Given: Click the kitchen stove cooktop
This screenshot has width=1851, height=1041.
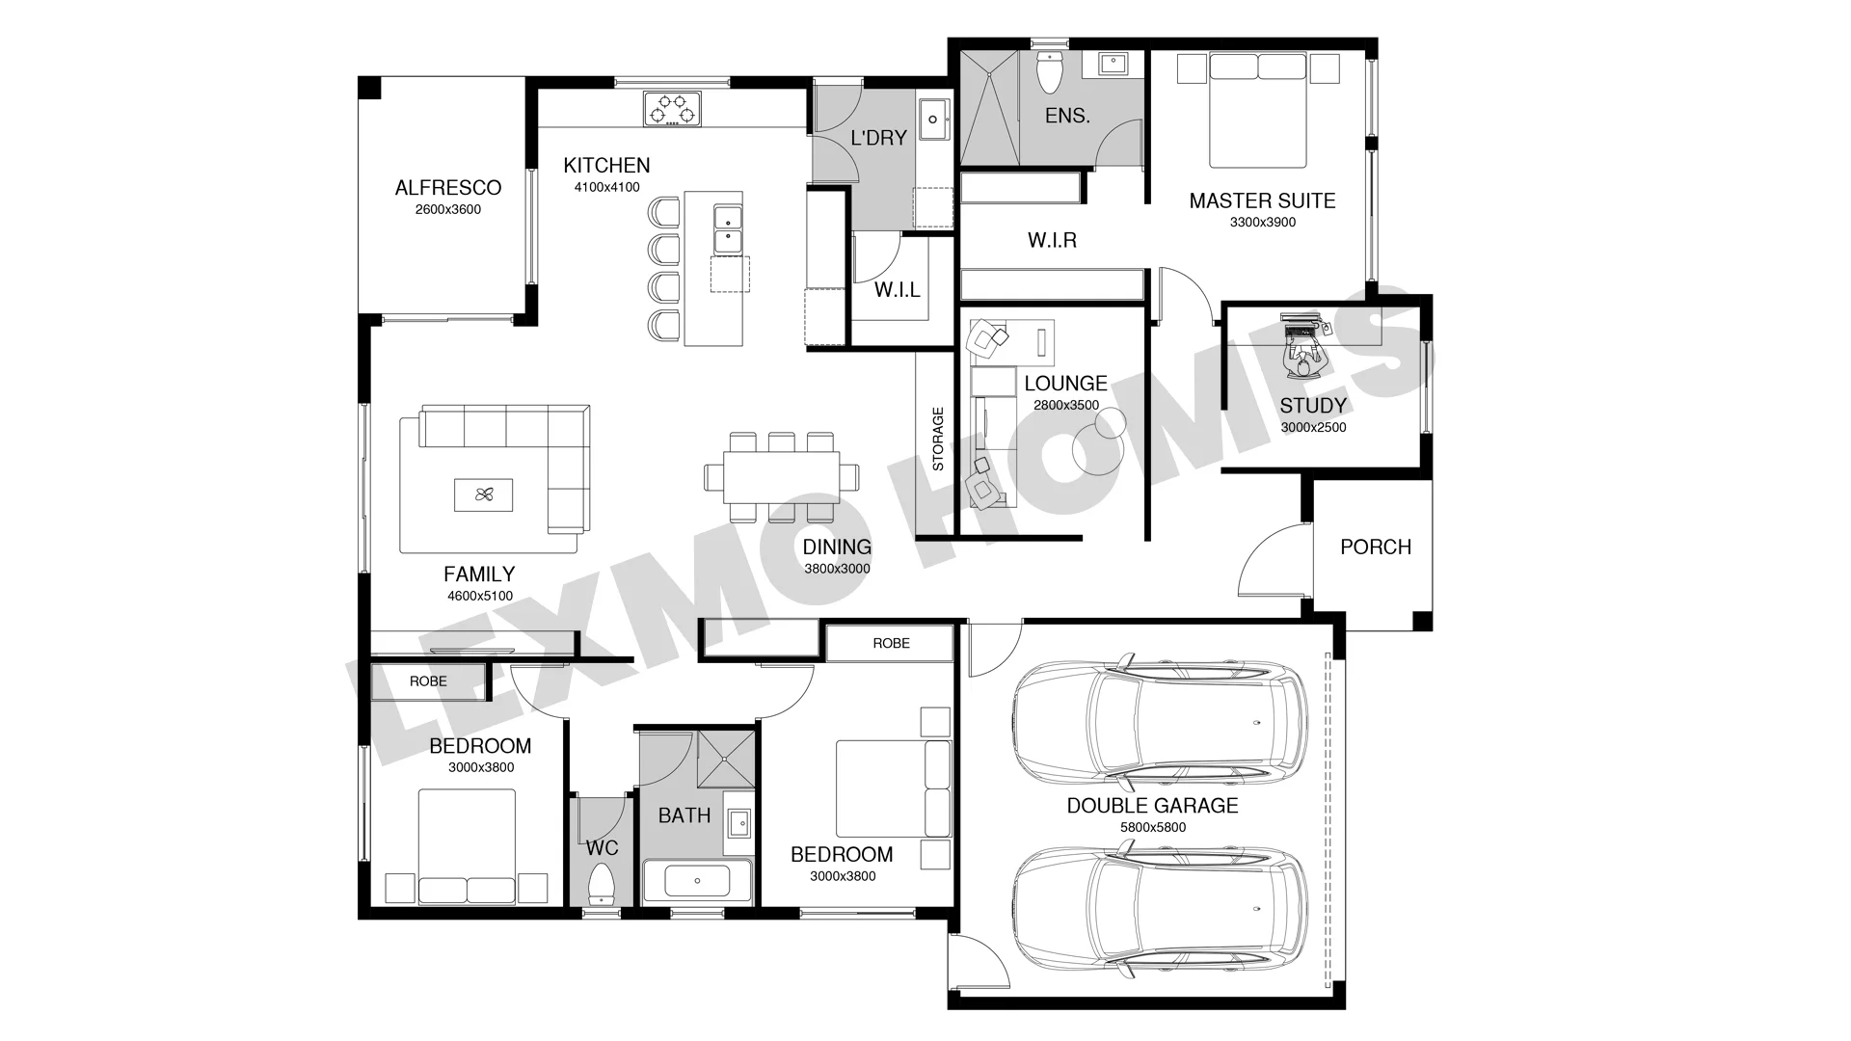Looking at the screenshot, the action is tap(672, 108).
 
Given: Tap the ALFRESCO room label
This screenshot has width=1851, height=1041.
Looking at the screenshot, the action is tap(448, 188).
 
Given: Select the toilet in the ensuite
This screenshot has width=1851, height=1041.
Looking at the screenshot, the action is tap(1048, 69).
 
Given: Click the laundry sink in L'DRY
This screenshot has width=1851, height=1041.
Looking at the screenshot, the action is tap(933, 120).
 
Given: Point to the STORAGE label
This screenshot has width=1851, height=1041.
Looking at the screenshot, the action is tap(938, 440).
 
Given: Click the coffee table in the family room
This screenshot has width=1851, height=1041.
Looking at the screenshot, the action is tap(484, 495).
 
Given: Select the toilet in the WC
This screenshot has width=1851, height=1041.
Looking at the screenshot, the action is tap(603, 883).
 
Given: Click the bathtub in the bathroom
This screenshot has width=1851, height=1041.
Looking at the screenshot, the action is tap(697, 881).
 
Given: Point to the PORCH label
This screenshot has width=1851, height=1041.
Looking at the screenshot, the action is tap(1376, 547).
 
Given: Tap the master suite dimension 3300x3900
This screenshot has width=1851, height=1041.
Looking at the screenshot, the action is tap(1263, 223).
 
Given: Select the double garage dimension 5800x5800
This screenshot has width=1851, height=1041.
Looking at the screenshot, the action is tap(1153, 827).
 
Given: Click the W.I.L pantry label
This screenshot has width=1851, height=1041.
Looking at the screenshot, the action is tap(898, 290).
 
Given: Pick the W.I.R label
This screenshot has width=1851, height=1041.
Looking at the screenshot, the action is tap(1053, 240).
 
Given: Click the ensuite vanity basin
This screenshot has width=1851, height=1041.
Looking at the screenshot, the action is tap(1113, 64).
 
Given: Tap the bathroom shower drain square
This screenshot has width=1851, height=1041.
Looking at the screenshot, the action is tap(726, 761).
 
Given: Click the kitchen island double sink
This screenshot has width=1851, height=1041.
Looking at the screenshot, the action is tap(727, 228).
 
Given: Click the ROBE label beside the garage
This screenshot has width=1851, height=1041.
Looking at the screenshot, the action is tap(892, 643).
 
